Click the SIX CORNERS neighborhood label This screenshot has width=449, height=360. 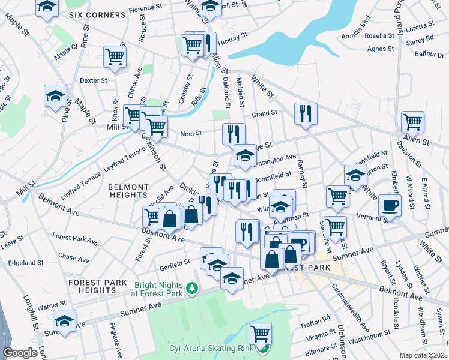click(x=91, y=14)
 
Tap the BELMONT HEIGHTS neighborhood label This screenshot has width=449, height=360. click(x=128, y=191)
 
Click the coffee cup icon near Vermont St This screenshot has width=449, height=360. click(x=390, y=205)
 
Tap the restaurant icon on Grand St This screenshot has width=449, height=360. click(x=306, y=113)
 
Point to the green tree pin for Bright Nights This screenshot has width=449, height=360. click(x=192, y=289)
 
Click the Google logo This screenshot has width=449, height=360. click(x=20, y=353)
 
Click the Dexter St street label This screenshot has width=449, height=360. click(x=94, y=80)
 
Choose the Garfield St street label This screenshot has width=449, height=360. click(x=175, y=262)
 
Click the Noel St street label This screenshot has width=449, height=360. click(x=190, y=134)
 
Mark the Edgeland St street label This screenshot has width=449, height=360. click(x=26, y=263)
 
